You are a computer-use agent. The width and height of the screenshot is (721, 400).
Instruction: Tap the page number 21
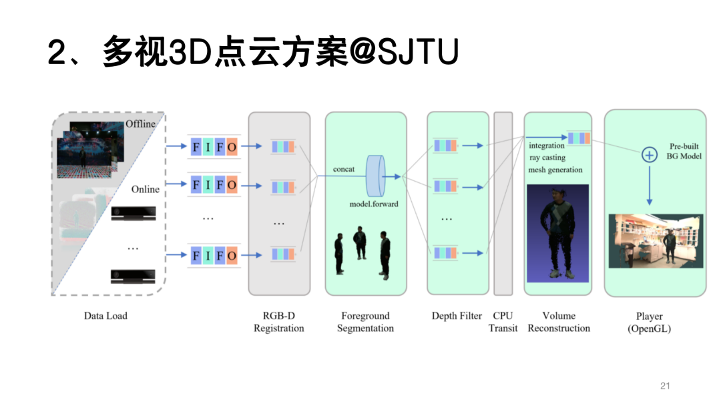tap(664, 385)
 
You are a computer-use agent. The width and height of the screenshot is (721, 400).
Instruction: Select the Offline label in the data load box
tap(140, 124)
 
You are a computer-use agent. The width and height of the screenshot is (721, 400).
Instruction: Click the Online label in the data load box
tap(145, 189)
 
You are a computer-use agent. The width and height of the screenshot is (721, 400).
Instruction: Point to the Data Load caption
tap(105, 316)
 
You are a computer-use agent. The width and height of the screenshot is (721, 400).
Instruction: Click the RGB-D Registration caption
tap(278, 322)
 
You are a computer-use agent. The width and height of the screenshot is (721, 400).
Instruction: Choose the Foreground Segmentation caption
tap(365, 322)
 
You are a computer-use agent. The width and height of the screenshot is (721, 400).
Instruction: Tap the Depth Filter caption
tap(457, 316)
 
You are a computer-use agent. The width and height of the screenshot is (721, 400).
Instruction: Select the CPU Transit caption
tap(503, 322)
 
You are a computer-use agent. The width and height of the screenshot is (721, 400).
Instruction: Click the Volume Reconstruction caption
tap(559, 322)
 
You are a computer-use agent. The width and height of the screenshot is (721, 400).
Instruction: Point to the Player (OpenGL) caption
tap(649, 322)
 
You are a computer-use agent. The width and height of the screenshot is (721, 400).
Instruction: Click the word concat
tap(344, 170)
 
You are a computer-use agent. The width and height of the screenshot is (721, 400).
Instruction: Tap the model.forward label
tap(374, 203)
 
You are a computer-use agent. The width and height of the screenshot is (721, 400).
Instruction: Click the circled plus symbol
tap(649, 155)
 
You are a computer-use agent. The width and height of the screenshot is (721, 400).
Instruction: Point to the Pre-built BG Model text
tap(684, 151)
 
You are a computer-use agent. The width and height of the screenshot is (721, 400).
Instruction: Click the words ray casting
tap(547, 158)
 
